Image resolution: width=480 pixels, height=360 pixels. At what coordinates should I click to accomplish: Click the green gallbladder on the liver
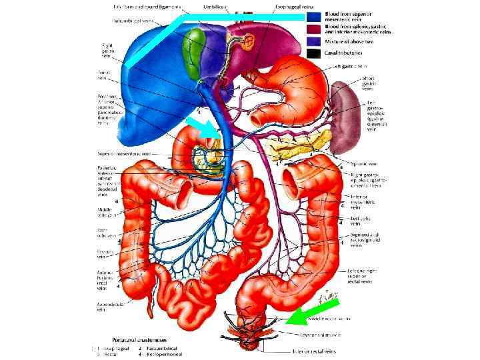pos(195,51)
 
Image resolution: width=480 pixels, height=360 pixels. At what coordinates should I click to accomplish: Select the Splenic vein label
pos(365,163)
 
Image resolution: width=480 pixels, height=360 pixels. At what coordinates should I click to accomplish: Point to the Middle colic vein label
pos(107,213)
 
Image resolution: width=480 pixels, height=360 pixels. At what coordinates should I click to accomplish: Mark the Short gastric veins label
pos(369,84)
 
